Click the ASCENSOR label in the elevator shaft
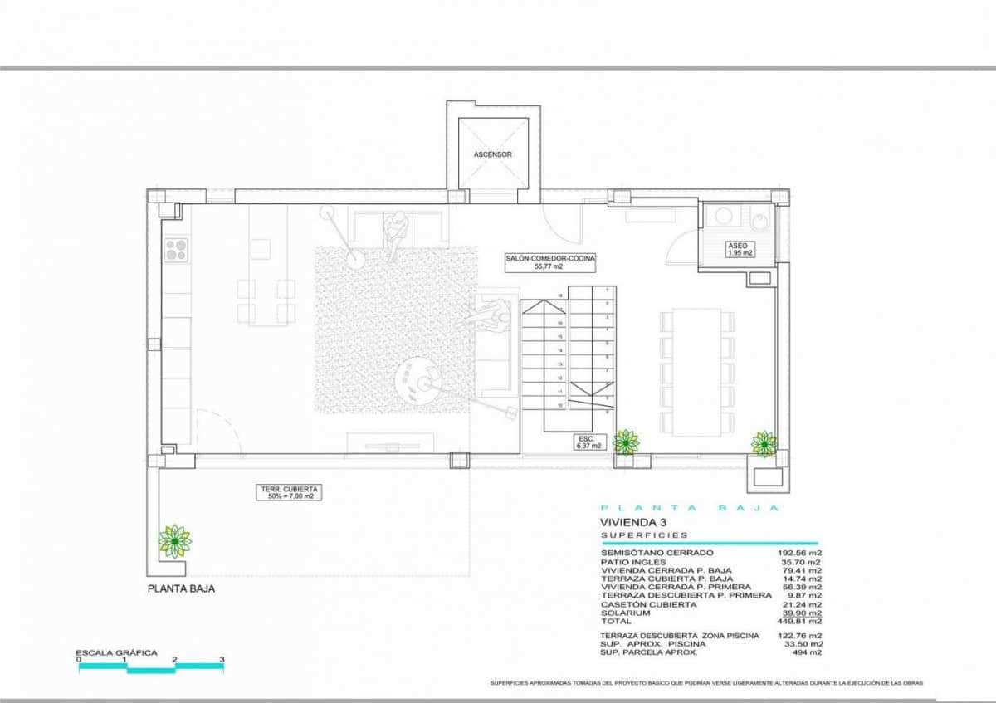pyautogui.click(x=492, y=154)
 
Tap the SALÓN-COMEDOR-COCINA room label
pyautogui.click(x=550, y=263)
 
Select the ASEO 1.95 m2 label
pyautogui.click(x=738, y=249)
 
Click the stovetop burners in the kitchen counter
pyautogui.click(x=176, y=249)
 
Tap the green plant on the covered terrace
pyautogui.click(x=174, y=541)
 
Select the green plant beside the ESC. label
pyautogui.click(x=625, y=442)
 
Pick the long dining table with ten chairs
pyautogui.click(x=696, y=372)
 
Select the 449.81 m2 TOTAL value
pyautogui.click(x=802, y=621)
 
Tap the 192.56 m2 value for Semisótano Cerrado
pyautogui.click(x=802, y=553)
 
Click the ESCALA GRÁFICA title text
pyautogui.click(x=116, y=652)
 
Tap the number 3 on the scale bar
pyautogui.click(x=222, y=660)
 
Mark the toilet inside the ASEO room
pyautogui.click(x=759, y=219)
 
